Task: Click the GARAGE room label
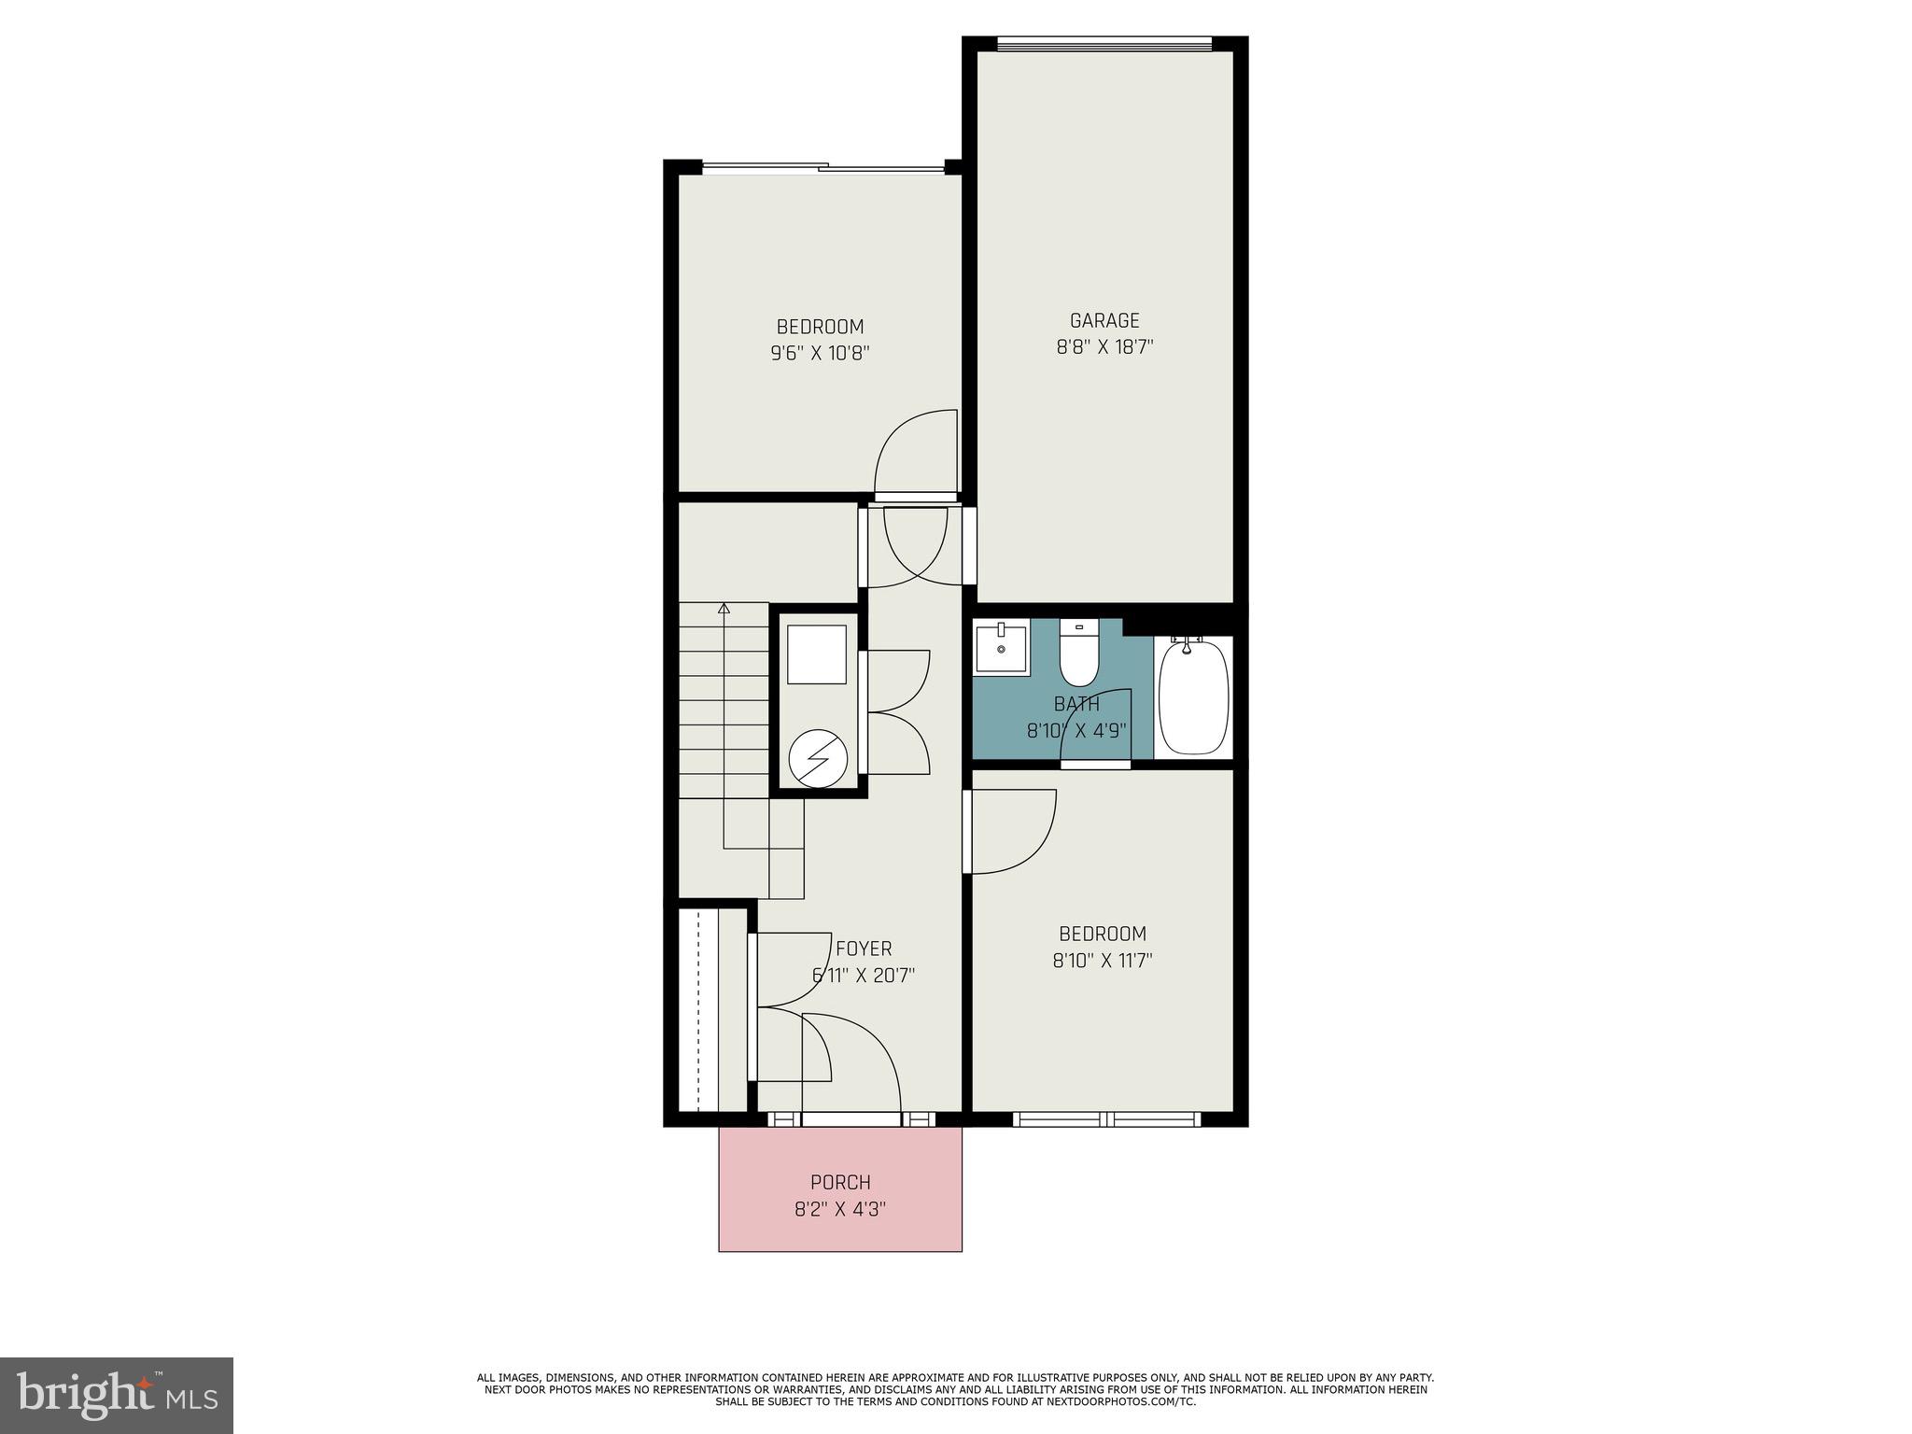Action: (1104, 320)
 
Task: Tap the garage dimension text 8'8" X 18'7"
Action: (1104, 347)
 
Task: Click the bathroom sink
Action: (1001, 648)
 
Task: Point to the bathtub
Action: (1193, 697)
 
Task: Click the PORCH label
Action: (840, 1182)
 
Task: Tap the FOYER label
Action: (864, 949)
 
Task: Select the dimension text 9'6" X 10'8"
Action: (820, 354)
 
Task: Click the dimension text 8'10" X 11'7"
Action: (1103, 961)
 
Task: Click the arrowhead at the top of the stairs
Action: (724, 609)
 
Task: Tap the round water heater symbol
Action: (818, 756)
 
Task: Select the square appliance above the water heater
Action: (817, 654)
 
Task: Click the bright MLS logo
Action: (117, 1395)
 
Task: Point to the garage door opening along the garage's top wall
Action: (1104, 43)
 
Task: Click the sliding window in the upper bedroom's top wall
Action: (822, 168)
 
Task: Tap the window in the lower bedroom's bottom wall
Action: (1105, 1118)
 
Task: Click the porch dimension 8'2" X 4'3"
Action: (840, 1210)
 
